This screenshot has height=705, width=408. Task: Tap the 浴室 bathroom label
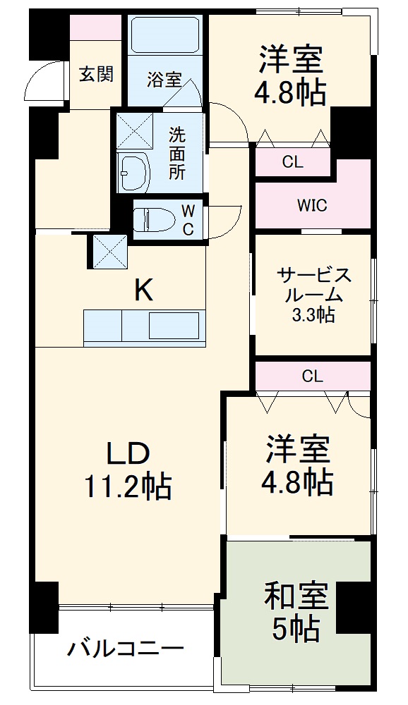click(164, 80)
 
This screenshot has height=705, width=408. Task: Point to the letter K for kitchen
click(144, 290)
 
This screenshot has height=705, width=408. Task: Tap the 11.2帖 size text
click(128, 486)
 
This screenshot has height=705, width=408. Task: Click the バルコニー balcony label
click(126, 648)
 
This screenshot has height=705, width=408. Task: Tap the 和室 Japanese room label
click(296, 596)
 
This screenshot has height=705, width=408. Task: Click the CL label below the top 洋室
click(292, 162)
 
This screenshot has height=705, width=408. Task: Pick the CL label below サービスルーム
click(312, 376)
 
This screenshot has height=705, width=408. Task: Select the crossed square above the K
click(108, 250)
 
